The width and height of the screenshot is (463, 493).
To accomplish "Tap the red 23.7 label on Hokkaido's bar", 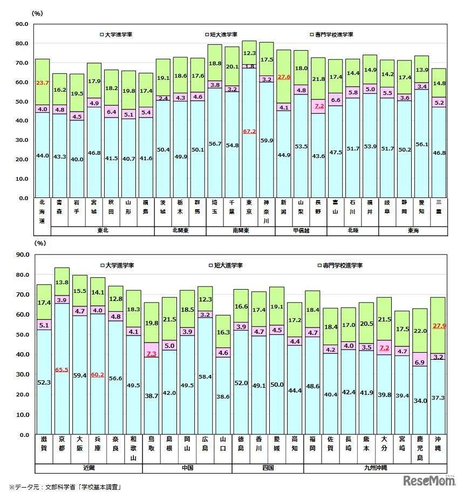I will pos(43,83).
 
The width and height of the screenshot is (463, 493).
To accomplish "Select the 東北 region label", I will pos(103,230).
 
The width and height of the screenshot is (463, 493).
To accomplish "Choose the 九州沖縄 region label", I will pos(375,467).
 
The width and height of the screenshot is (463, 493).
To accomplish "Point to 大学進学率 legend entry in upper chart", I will pos(117,35).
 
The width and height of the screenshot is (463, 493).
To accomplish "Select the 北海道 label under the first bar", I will pos(43,211).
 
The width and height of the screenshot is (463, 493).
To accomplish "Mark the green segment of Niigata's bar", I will pos(283,70).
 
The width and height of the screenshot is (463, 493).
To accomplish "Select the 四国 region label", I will pos(268,467).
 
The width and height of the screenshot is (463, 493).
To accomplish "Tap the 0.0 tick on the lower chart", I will pos(23,434).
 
